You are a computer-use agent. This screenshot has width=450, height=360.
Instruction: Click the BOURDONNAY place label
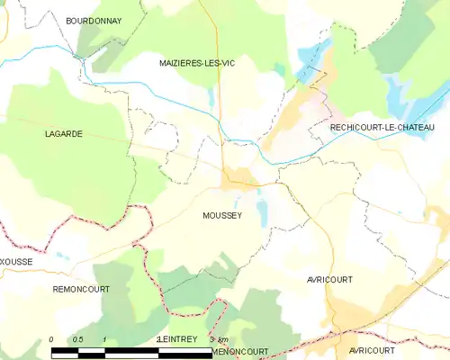(x=94, y=19)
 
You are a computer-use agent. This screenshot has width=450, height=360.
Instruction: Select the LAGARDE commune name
(x=64, y=133)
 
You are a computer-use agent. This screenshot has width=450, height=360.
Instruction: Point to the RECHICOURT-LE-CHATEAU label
(x=382, y=128)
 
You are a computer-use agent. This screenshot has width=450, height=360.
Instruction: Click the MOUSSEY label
(x=222, y=215)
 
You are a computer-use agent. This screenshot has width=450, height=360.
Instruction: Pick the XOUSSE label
(x=17, y=261)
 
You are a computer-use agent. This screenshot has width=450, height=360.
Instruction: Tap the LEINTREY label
(x=177, y=338)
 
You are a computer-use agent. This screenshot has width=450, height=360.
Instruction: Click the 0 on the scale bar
(x=52, y=339)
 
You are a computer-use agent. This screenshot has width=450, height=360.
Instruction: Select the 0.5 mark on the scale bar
(x=78, y=339)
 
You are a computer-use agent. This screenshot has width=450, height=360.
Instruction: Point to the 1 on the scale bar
(x=105, y=339)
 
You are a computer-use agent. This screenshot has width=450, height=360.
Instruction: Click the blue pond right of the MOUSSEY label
(x=262, y=213)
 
